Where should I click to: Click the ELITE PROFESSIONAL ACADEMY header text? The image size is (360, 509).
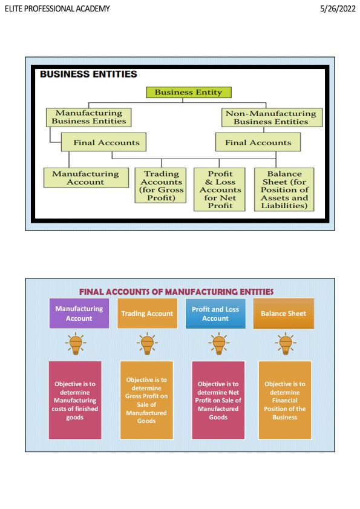(x=57, y=9)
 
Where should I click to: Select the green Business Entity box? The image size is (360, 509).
(x=188, y=93)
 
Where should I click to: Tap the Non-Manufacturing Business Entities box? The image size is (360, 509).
(x=270, y=117)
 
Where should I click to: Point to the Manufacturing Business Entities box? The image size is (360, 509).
(x=88, y=117)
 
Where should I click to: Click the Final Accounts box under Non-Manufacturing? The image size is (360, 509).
(x=258, y=143)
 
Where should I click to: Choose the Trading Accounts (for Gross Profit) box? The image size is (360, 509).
(x=161, y=185)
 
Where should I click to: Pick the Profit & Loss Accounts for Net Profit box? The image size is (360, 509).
(x=220, y=189)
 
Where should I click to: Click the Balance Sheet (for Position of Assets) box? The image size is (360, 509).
(x=284, y=189)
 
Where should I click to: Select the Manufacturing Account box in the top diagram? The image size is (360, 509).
(x=85, y=178)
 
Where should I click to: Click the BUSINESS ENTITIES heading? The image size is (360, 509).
(x=88, y=74)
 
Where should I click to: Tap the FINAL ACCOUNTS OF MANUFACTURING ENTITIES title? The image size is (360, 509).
(x=176, y=292)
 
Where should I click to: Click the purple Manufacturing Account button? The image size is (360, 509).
(x=79, y=314)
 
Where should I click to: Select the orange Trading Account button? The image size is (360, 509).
(x=147, y=314)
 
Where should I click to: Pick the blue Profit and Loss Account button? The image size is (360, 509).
(x=215, y=314)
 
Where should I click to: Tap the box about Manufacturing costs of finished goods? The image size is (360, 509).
(x=75, y=400)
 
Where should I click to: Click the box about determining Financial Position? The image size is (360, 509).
(x=284, y=400)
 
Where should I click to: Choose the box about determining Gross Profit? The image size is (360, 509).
(x=146, y=400)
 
